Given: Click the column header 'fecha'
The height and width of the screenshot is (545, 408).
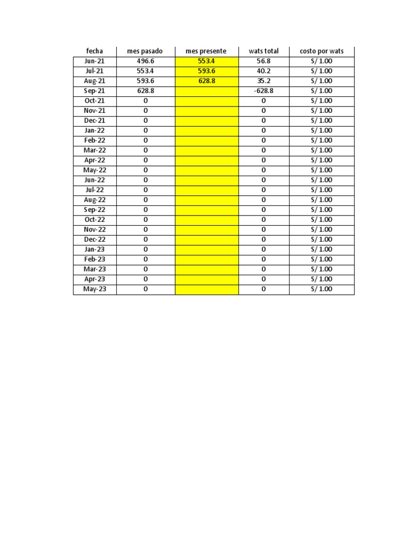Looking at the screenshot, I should coord(95,51).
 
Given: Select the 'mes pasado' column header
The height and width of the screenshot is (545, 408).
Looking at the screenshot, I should coord(145,51).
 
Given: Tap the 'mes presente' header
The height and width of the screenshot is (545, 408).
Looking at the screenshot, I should coord(206,51).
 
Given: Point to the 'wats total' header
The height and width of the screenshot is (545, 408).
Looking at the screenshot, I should coord(263,51).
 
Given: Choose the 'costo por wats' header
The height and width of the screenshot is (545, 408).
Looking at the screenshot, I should coord(321,51).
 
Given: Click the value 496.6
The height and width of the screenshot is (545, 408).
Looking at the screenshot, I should coord(145,61).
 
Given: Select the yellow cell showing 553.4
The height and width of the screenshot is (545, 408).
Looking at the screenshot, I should coord(206,61).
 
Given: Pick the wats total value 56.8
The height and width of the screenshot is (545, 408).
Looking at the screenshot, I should coord(263,61).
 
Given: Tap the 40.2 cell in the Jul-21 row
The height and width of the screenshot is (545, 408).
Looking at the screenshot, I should coord(263,71).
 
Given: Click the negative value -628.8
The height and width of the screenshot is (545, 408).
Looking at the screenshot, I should coord(263,91).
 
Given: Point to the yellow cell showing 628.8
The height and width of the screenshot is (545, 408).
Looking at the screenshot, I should coord(206,81).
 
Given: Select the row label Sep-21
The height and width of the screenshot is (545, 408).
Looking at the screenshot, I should coord(95,91).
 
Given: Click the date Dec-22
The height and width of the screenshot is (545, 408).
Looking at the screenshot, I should coord(95,240).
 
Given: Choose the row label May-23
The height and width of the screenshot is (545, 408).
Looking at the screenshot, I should coord(95,289).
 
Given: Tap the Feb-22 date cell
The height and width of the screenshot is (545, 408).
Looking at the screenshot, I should coord(95,141).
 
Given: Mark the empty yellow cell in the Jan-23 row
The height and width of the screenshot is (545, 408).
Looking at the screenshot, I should coord(206,249).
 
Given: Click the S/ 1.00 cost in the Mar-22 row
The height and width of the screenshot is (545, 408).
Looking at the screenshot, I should coord(321,150).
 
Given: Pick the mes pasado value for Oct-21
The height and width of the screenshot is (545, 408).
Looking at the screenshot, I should coord(145,101).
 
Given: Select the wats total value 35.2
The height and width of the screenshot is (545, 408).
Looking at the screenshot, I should coord(263,81).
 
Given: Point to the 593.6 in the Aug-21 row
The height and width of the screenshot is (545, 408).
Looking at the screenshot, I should coord(145,81).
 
